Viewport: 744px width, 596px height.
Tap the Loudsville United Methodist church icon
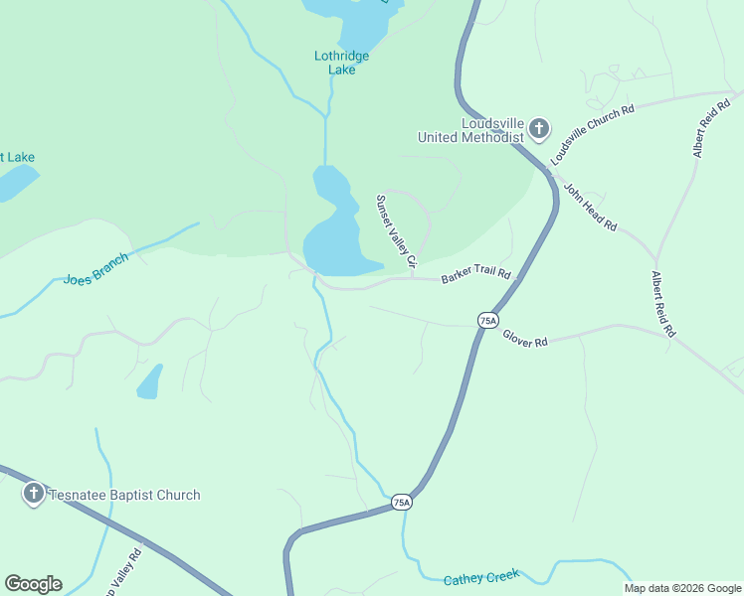pos(538,128)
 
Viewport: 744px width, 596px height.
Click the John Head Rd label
pos(591,207)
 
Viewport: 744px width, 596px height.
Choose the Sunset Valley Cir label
pos(395,229)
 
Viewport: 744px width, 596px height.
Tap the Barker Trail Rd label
pos(475,274)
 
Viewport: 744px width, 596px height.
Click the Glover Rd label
pos(524,339)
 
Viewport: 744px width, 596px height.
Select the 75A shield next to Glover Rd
pos(487,320)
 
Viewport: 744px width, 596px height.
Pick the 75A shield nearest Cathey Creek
pos(401,503)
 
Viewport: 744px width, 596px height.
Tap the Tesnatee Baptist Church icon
pos(33,495)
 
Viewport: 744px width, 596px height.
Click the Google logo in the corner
pos(33,584)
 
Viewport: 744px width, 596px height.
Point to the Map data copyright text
pos(682,588)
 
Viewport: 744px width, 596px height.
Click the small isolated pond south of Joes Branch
pos(149,381)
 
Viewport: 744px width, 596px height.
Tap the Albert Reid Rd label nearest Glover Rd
pos(662,304)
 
